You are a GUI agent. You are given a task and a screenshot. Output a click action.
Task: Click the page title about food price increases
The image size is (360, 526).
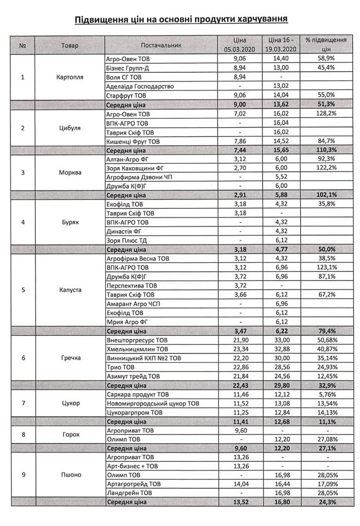point(180,20)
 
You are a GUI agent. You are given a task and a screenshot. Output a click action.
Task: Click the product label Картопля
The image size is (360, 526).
point(70,77)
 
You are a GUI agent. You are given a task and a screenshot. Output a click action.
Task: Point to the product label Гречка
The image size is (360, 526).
point(70,358)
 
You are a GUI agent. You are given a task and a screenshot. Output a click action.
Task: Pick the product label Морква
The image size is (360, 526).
point(70,172)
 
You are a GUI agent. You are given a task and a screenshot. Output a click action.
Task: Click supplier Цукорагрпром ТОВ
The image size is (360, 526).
point(133,412)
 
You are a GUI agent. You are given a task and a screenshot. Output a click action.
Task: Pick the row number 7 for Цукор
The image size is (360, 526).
point(22,403)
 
